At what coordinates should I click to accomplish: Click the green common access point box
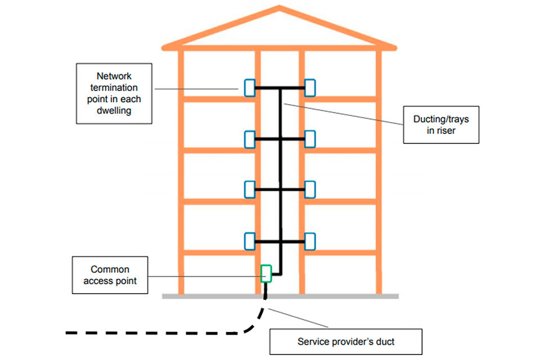point(266,273)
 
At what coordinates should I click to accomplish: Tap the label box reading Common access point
point(110,275)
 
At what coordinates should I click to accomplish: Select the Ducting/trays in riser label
point(441,125)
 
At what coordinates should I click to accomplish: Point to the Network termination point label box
point(114,93)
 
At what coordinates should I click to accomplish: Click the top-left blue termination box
point(249,87)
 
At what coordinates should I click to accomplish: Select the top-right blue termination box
point(310,87)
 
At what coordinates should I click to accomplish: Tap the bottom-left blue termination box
point(249,241)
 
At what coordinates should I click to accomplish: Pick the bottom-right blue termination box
point(310,241)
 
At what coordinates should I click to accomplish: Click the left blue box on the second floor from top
point(249,138)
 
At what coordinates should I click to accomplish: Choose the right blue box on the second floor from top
point(310,138)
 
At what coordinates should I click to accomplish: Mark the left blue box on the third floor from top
point(249,190)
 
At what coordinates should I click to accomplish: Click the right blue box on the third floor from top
point(310,190)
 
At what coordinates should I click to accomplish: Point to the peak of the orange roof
point(279,8)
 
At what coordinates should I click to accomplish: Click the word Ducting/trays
point(441,119)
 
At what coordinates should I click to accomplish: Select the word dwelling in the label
point(114,110)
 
